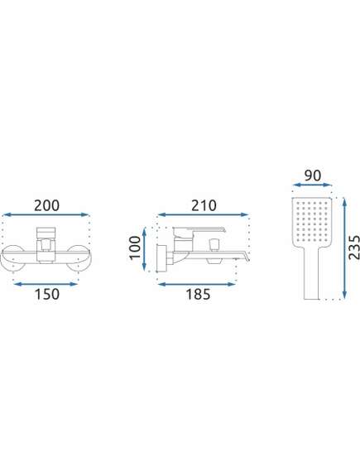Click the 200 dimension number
(x=46, y=206)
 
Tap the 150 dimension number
(x=47, y=294)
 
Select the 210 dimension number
(x=204, y=206)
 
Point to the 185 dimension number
(x=198, y=294)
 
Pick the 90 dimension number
(x=313, y=175)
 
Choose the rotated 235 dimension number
(x=354, y=248)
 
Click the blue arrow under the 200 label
(x=46, y=214)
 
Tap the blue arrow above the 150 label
(x=46, y=284)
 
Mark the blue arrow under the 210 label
(x=203, y=214)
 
